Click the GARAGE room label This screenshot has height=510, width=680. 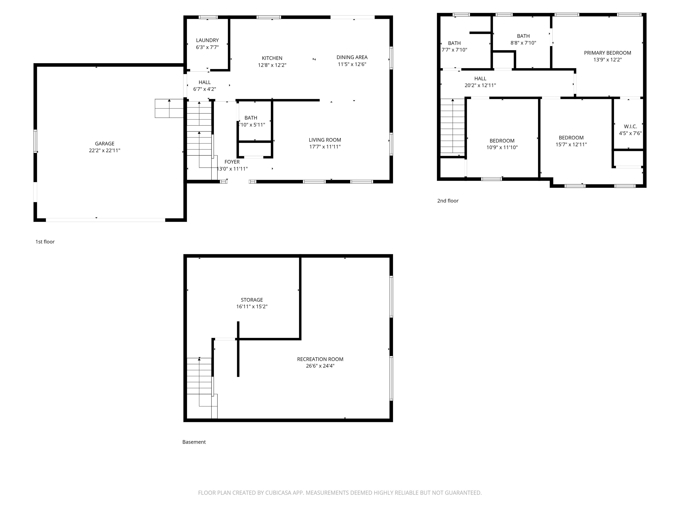pos(104,144)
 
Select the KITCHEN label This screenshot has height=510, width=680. pos(272,58)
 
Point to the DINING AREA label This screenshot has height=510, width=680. pos(352,57)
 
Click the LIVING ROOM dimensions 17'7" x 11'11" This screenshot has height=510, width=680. pos(325,147)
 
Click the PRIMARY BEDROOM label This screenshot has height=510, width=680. pos(607,53)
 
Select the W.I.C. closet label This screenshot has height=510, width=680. pos(630,126)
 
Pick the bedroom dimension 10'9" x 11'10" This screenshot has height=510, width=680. pos(502,147)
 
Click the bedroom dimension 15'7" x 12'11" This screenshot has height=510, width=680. pos(571,145)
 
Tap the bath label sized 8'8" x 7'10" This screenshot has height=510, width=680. pos(523,36)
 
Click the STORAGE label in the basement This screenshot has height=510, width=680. pos(251,300)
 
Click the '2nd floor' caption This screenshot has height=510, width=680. pos(448,201)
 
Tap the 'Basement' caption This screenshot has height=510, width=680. pos(194,442)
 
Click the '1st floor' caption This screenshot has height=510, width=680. pos(45,242)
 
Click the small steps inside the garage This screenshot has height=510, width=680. pos(169,108)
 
